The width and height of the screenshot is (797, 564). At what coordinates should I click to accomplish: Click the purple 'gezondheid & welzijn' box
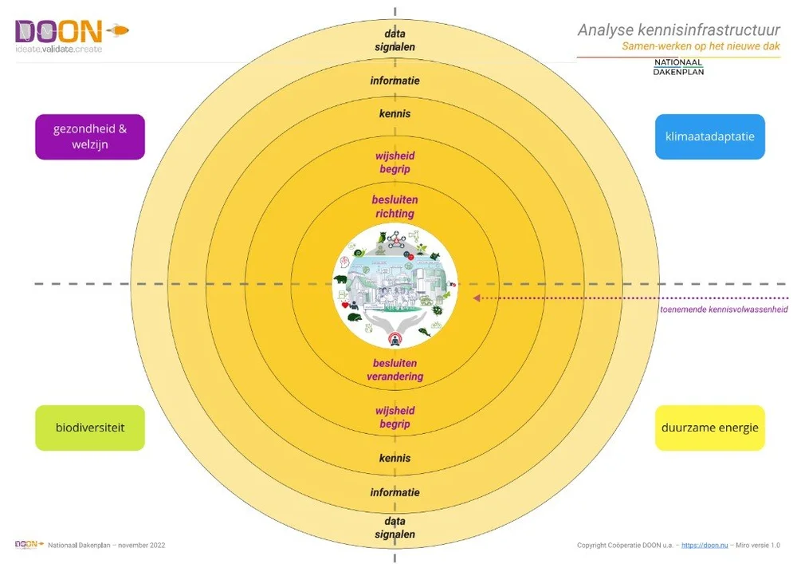90,137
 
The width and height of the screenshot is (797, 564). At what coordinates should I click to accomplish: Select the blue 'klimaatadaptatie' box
709,136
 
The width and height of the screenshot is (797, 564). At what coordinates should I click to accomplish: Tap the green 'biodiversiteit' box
90,428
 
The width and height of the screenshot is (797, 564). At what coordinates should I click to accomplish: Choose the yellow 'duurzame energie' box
709,428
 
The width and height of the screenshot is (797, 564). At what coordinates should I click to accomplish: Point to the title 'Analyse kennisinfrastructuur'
678,30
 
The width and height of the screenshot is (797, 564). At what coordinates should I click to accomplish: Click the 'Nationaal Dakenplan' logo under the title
678,67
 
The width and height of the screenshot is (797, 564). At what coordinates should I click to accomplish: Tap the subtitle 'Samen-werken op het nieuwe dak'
701,47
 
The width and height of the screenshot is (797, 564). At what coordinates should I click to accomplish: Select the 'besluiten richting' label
395,207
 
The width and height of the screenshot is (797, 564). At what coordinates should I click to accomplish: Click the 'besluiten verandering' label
395,370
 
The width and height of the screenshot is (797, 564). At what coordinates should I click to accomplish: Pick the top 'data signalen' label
395,41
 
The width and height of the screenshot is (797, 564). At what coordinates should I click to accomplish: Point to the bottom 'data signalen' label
395,528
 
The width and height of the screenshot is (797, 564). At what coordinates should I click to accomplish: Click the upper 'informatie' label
395,81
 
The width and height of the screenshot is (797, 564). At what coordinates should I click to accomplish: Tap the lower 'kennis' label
395,459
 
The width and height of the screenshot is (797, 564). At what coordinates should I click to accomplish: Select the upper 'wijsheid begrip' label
395,163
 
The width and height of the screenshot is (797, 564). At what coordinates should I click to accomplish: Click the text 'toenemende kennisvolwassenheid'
724,310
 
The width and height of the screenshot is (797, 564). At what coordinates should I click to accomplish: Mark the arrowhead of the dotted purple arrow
477,298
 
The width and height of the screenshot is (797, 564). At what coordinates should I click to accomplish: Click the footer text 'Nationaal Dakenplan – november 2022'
106,546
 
